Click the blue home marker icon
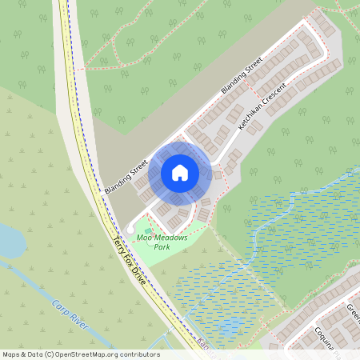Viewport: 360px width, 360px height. point(180,173)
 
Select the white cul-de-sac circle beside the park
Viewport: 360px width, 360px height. point(130,230)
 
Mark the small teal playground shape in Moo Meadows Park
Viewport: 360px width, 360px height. point(149,230)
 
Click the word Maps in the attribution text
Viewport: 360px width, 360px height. point(10,354)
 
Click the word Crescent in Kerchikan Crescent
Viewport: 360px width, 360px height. point(270,101)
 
